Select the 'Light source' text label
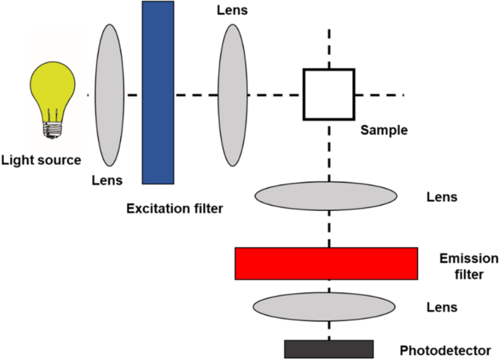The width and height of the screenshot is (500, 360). point(40,160)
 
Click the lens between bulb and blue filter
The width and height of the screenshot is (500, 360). point(109,95)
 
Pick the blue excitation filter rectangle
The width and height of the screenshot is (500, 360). point(158,92)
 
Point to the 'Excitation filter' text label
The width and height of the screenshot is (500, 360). point(174,208)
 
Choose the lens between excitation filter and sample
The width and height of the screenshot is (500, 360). point(232,95)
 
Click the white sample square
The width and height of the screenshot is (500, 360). point(328,94)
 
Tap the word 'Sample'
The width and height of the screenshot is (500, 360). point(384,131)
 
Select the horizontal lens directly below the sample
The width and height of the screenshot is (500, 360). point(325,196)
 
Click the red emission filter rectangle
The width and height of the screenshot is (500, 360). point(326,263)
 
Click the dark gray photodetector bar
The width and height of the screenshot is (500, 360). point(328,348)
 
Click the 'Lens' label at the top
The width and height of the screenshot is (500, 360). point(232,10)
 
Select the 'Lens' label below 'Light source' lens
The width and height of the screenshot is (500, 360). point(107,180)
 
